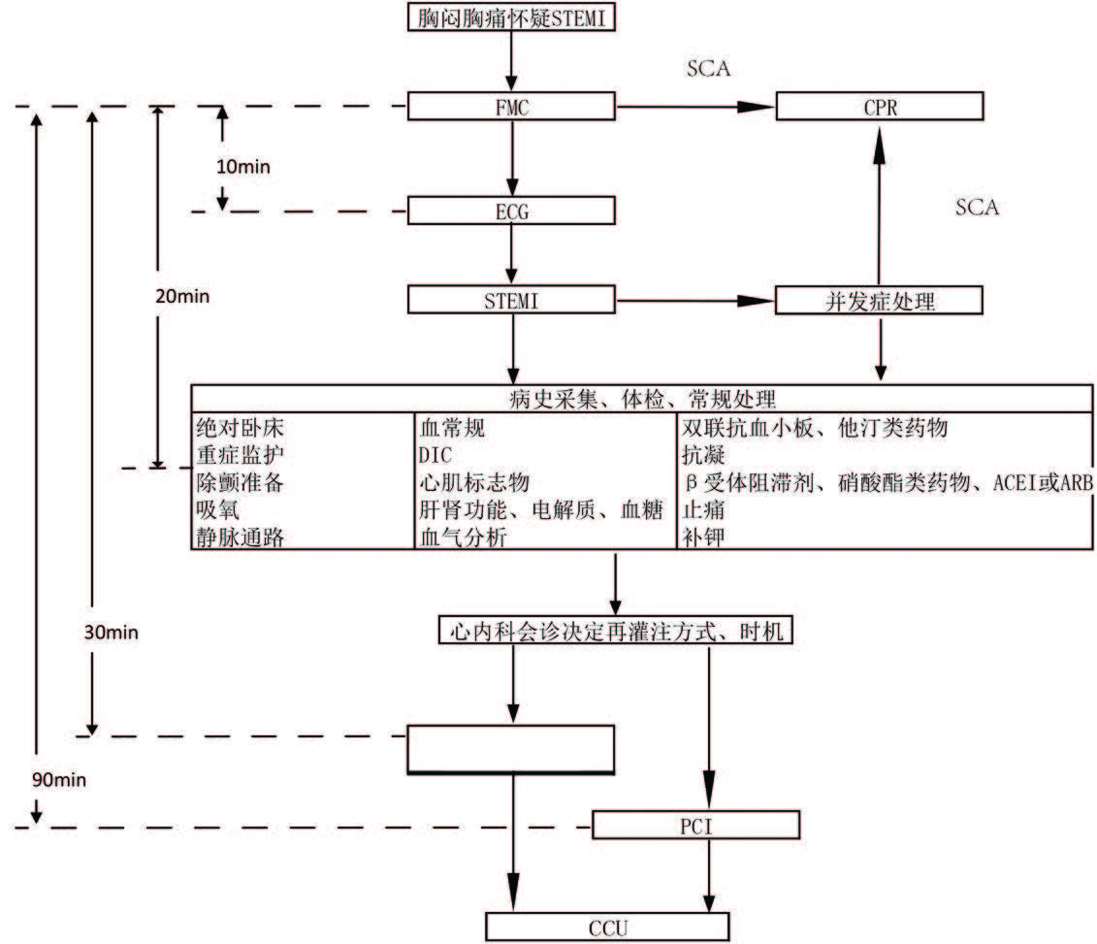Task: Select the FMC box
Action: [x=511, y=107]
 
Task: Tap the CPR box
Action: [x=880, y=107]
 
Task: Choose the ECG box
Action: [x=511, y=211]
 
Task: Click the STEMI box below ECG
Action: [x=511, y=301]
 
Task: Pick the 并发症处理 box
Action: [x=880, y=301]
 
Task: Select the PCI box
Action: [x=695, y=826]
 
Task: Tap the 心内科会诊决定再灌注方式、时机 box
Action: [x=616, y=631]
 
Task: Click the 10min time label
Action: [x=243, y=166]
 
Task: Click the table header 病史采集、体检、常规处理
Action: [x=641, y=398]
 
